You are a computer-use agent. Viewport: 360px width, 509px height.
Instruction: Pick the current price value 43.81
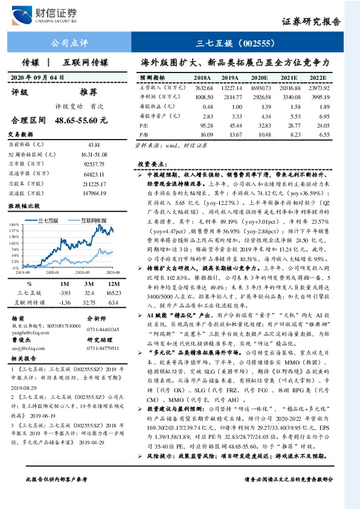[94, 144]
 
